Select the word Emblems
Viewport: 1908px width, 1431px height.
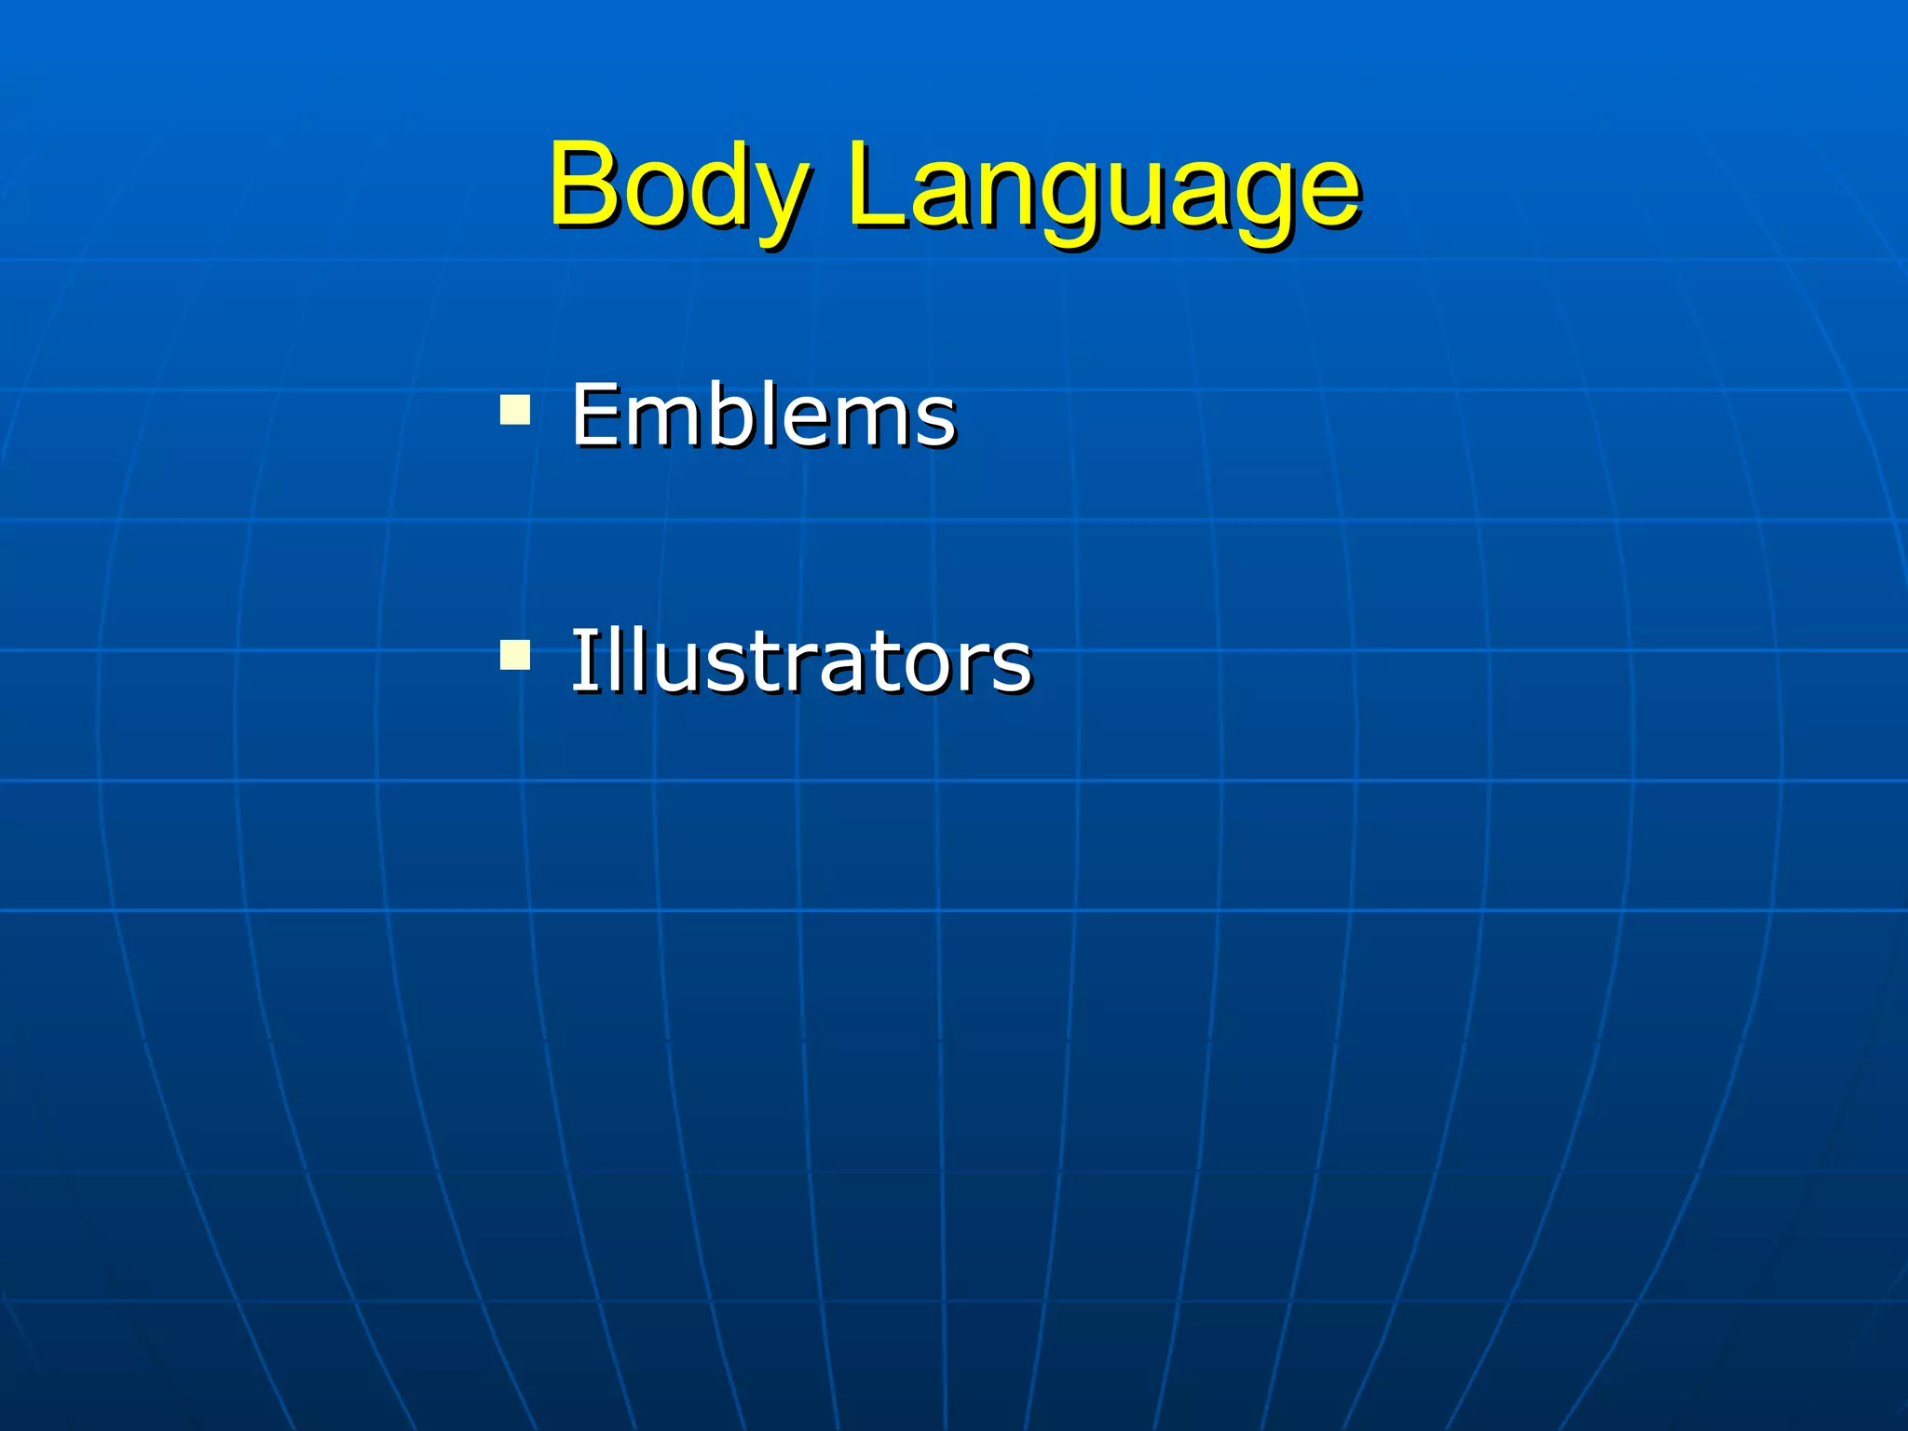[x=763, y=415]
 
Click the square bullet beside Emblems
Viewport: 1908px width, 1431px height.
[x=515, y=410]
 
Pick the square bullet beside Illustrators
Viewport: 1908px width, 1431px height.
[x=515, y=654]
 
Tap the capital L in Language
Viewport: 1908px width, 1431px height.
[x=874, y=183]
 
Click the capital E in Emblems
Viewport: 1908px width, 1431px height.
[x=595, y=415]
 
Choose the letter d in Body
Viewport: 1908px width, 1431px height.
[x=716, y=184]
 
